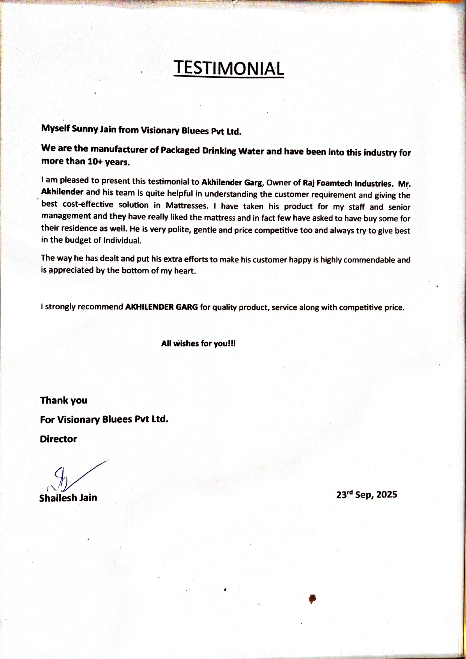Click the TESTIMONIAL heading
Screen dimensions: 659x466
[x=229, y=68]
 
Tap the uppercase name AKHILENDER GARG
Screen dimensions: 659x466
[x=161, y=307]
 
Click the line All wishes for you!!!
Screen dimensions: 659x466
[x=198, y=343]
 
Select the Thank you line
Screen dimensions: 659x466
[x=64, y=401]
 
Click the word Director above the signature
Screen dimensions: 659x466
[x=59, y=439]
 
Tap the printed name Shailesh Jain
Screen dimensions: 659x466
[x=68, y=498]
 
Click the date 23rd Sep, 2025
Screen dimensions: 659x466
[x=366, y=494]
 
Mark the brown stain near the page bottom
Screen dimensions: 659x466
[x=312, y=599]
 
